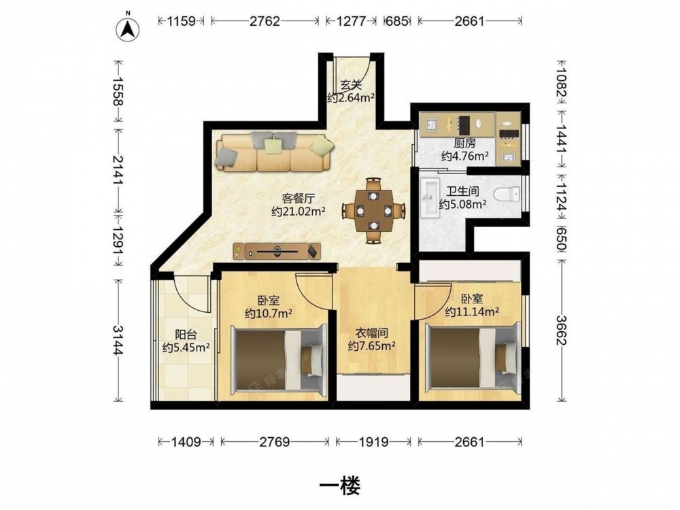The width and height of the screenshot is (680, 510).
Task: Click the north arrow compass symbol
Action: point(127,29)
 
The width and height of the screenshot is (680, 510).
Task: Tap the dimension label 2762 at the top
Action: point(265,21)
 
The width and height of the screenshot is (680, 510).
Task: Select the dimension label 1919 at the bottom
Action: point(374,442)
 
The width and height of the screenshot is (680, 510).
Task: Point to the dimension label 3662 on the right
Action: point(561,330)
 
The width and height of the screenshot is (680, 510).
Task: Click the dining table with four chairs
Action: point(373,210)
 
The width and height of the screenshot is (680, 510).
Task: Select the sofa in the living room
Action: point(275,152)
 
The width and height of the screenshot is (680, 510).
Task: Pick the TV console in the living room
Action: point(277,251)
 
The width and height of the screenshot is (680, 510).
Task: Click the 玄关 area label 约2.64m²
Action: point(351,98)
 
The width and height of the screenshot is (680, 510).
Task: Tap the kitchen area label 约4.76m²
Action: point(465,156)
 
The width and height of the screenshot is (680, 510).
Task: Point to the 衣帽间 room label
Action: point(371,333)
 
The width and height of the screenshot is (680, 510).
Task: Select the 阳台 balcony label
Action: point(186,335)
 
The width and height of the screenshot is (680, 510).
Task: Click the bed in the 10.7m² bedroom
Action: point(279,359)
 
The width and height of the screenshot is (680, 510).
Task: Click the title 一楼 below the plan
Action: point(339,486)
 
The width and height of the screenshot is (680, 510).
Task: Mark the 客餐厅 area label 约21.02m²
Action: point(299,211)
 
